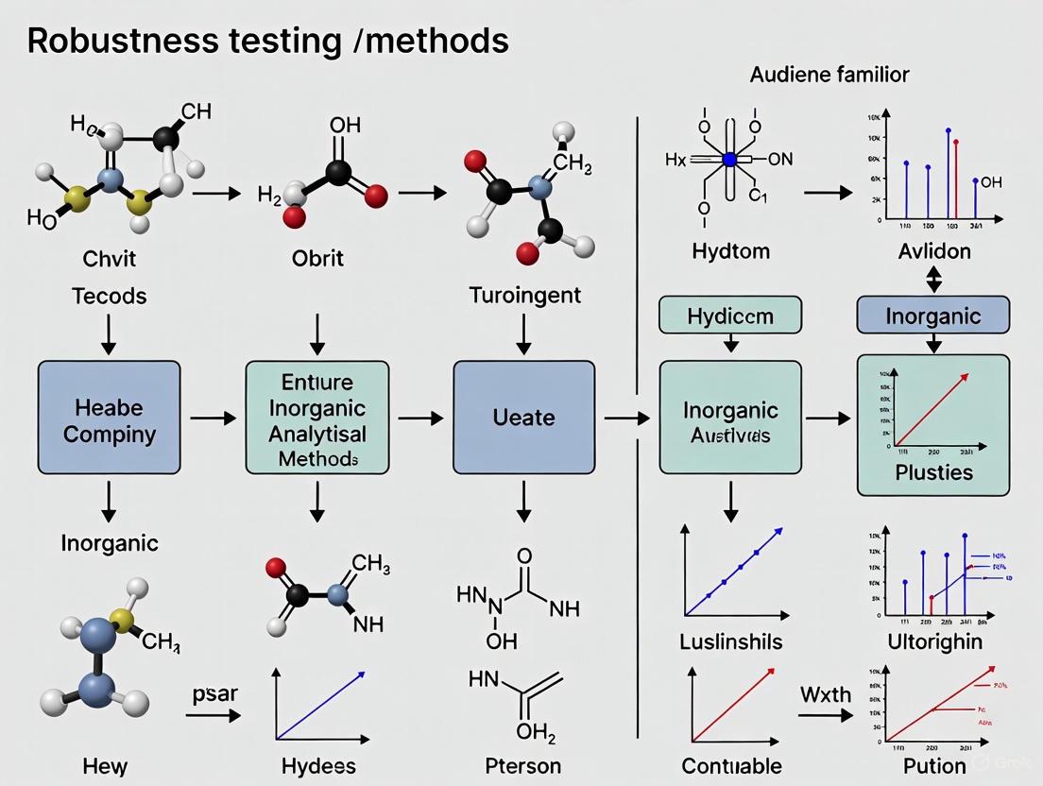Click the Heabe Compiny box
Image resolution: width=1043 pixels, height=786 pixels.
click(109, 417)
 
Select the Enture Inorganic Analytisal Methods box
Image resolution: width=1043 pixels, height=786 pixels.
click(316, 417)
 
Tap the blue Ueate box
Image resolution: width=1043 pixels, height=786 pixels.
click(524, 417)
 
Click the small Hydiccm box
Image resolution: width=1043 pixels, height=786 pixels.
click(729, 315)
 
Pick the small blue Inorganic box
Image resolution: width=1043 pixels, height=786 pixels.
click(932, 315)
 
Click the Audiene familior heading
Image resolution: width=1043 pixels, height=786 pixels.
click(829, 75)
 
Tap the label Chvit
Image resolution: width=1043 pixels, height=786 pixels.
click(109, 258)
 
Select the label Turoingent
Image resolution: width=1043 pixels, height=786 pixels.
click(524, 296)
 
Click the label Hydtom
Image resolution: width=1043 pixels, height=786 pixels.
click(730, 251)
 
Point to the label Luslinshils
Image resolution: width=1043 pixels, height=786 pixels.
click(730, 641)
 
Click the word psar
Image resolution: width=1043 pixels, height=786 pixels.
click(214, 693)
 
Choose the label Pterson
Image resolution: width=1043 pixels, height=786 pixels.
click(522, 765)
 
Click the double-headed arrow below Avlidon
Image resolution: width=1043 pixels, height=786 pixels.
click(932, 278)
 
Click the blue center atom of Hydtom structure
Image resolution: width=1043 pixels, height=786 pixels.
click(728, 160)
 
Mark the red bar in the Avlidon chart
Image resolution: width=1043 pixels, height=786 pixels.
click(955, 179)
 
